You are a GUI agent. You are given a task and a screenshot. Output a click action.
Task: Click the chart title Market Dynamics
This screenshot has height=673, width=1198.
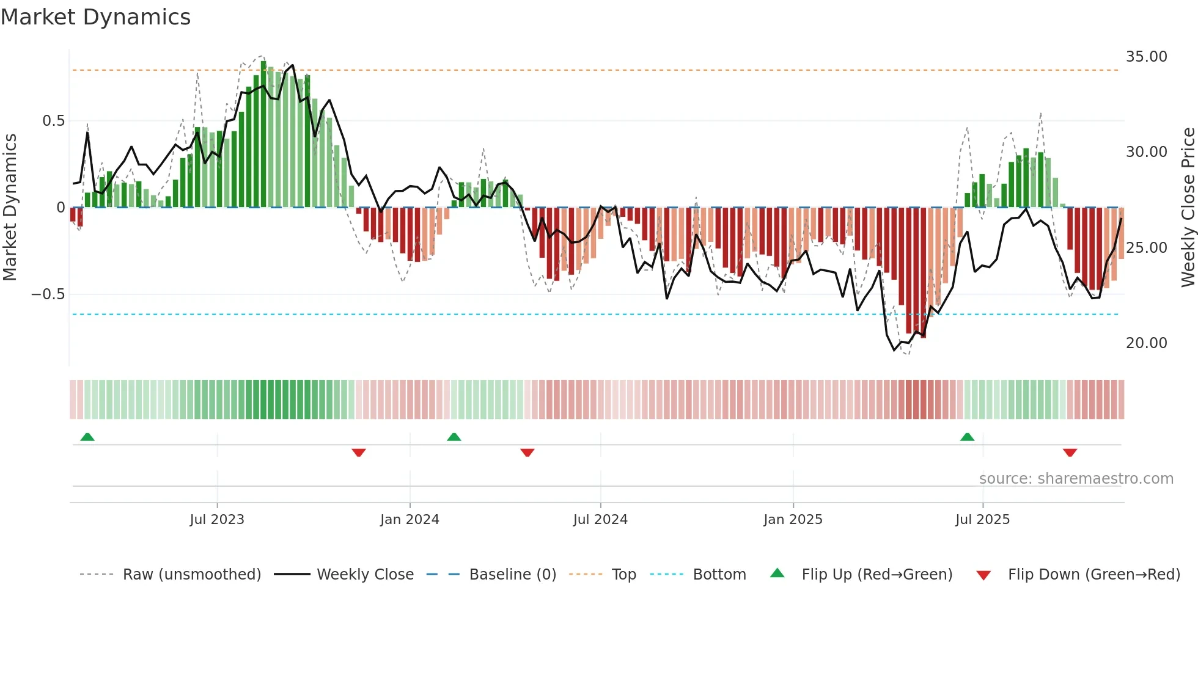96,17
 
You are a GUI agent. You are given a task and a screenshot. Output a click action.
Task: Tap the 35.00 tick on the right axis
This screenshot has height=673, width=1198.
1146,57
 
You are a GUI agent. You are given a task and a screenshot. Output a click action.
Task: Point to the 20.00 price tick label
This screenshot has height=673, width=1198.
1146,343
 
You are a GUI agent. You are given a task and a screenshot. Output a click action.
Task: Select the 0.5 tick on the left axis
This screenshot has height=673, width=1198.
54,121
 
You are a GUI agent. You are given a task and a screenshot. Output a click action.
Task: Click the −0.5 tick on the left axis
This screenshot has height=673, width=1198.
48,294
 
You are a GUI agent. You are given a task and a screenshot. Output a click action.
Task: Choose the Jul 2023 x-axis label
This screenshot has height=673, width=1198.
217,520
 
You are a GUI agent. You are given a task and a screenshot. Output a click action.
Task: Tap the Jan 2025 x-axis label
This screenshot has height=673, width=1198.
793,520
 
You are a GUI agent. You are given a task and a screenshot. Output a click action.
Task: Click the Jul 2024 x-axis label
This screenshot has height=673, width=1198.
600,520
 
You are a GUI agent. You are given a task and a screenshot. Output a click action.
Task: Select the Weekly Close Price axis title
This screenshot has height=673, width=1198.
1188,208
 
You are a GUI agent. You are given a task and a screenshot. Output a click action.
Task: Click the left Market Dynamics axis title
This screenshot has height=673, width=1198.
10,208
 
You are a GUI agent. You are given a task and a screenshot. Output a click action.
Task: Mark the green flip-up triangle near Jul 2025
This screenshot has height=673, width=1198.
967,437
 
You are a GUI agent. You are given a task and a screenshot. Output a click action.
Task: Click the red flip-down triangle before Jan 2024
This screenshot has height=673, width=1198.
359,453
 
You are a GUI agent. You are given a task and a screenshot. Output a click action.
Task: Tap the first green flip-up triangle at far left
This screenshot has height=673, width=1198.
87,437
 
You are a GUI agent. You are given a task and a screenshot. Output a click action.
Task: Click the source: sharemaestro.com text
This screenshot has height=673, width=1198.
1076,479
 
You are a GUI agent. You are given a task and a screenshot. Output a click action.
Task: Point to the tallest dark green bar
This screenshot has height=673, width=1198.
263,134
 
